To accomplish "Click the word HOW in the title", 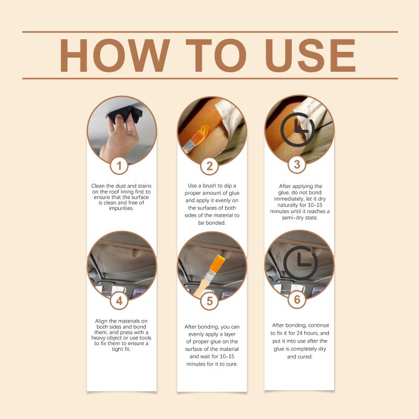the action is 115,56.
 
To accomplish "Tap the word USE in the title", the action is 310,56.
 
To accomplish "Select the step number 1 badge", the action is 119,166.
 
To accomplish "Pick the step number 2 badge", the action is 210,166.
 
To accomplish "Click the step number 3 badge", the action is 297,164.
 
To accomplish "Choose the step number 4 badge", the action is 119,301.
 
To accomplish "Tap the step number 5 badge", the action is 210,301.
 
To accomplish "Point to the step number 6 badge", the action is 297,300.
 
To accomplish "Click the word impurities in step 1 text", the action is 122,208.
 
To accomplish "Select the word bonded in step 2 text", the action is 212,223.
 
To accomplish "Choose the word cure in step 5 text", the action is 231,364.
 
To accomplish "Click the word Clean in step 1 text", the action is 98,186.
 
